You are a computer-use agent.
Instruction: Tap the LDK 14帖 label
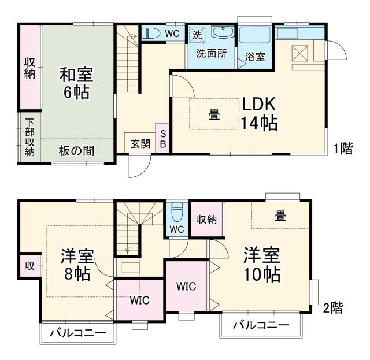tap(261, 113)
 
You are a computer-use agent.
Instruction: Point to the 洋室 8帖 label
tap(77, 265)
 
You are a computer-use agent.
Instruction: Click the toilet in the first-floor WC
tap(151, 34)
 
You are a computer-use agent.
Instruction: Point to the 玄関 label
tap(140, 143)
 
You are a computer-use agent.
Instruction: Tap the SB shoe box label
tap(163, 139)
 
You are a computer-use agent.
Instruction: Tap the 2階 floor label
tap(332, 308)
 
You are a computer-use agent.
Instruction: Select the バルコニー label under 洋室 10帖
tap(261, 325)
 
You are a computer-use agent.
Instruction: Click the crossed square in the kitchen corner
tap(301, 53)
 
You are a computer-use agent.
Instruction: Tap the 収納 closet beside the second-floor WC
tap(206, 219)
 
